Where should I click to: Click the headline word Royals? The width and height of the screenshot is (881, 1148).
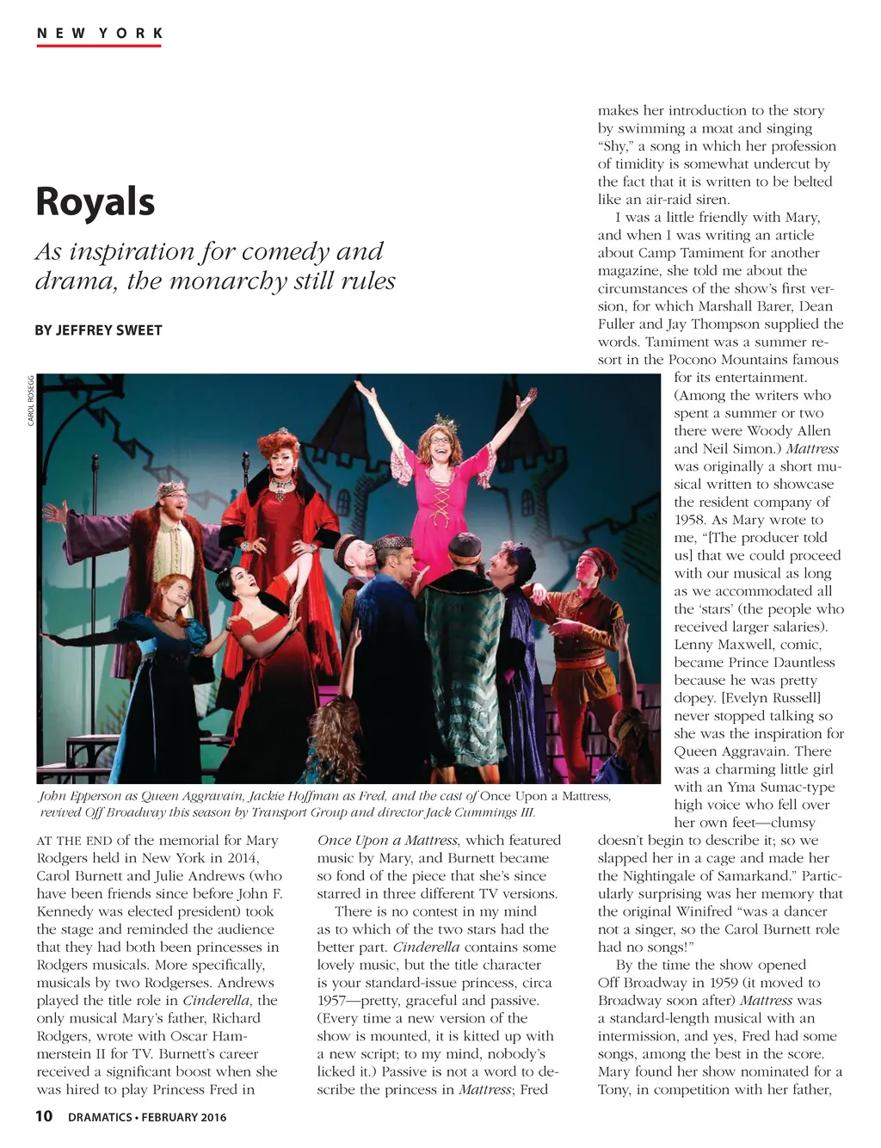tap(95, 201)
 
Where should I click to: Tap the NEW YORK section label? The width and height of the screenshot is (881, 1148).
tap(100, 34)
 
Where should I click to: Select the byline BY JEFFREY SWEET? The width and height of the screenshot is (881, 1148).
tap(98, 330)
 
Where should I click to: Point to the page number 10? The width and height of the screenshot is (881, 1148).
tap(44, 1116)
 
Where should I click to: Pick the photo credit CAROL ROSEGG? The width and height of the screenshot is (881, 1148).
tap(31, 400)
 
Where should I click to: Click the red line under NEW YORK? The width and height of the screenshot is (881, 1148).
tap(99, 45)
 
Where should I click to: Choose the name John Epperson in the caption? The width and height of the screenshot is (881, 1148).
tap(77, 796)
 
